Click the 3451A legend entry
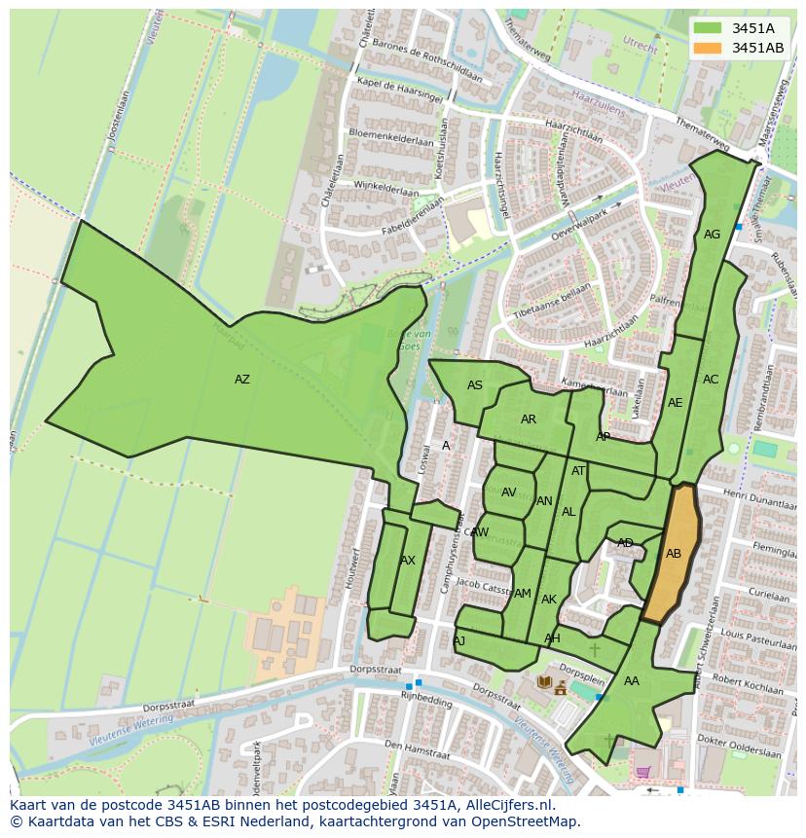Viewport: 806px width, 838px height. point(752,28)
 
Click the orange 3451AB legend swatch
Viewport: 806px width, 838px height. point(709,48)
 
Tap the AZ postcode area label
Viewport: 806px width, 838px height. point(241,380)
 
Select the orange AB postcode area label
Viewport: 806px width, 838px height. point(674,554)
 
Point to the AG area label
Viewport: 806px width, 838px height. point(712,235)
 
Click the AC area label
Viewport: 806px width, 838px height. point(711,380)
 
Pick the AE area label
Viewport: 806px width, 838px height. point(675,403)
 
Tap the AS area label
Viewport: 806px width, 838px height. point(474,385)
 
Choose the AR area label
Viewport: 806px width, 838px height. point(528,419)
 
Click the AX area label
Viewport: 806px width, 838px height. point(407,561)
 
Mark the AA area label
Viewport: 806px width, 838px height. point(632,681)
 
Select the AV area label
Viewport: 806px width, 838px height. point(508,492)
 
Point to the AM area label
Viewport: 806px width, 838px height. point(523,594)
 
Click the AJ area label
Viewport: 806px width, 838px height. point(458,640)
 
